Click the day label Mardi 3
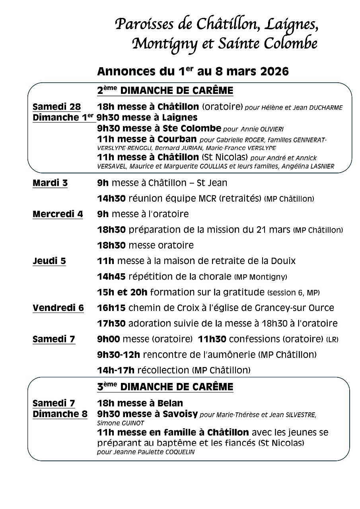50,183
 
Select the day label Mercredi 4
58,214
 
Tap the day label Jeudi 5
49,261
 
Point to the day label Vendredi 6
58,308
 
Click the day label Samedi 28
56,107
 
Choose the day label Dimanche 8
60,414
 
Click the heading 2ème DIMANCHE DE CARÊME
165,91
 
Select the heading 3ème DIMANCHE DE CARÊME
165,387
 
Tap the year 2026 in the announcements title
269,72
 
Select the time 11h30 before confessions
212,339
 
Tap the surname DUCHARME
327,108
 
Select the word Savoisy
180,414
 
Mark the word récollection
163,370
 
